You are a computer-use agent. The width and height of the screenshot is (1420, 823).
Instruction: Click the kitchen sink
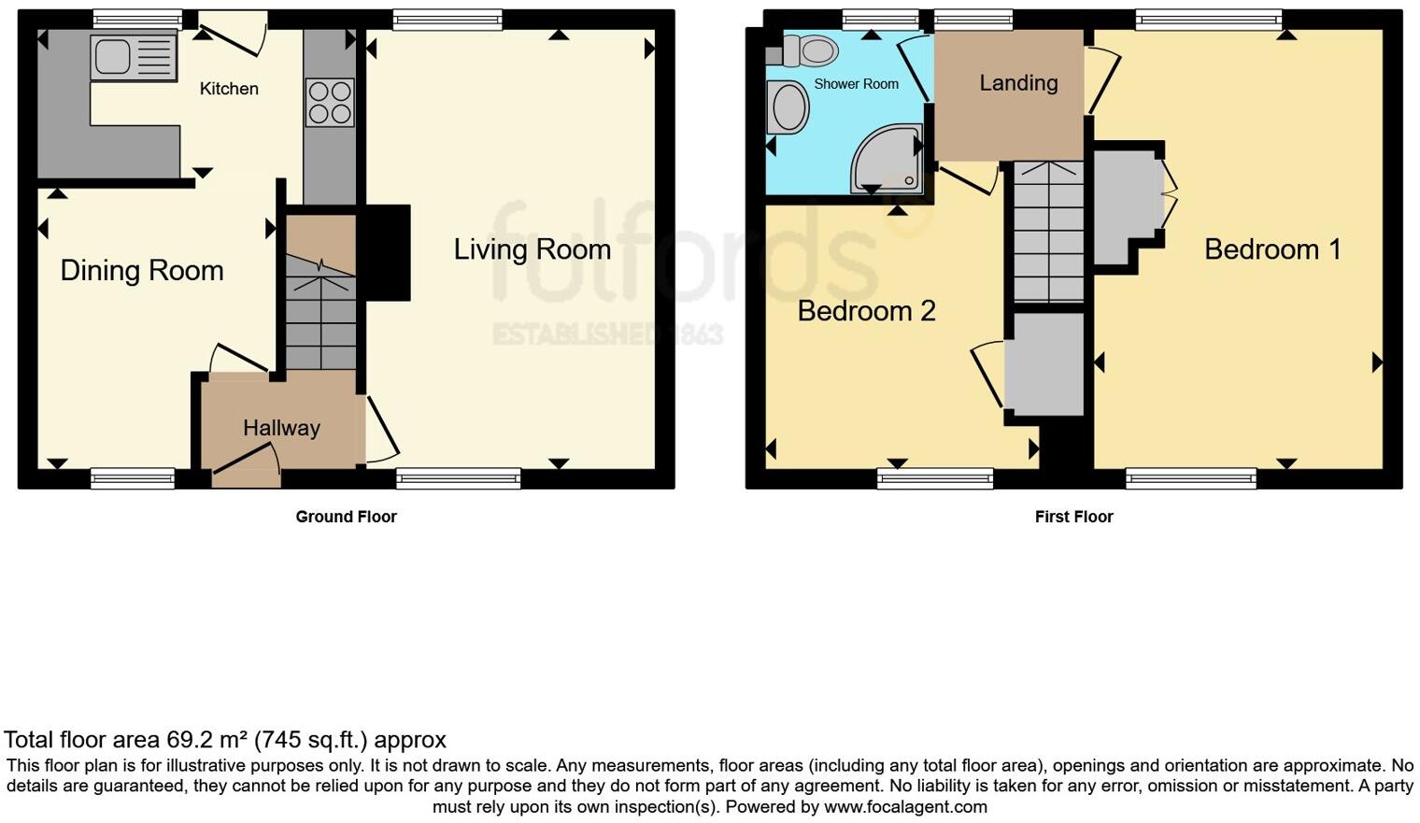click(x=133, y=56)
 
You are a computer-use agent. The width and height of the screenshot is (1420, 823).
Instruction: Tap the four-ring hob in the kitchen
click(x=330, y=102)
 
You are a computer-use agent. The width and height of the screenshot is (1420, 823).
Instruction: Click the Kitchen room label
click(x=229, y=89)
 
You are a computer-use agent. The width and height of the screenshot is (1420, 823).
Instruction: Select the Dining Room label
click(x=142, y=271)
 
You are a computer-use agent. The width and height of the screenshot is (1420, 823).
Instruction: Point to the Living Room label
click(x=532, y=249)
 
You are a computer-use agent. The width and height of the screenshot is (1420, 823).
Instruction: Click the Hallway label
click(x=281, y=428)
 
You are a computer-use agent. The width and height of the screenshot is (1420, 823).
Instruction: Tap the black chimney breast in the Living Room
click(x=386, y=252)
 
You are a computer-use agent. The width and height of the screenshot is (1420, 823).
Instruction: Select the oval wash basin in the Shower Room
click(x=789, y=106)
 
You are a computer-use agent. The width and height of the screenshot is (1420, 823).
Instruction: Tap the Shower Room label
click(x=856, y=84)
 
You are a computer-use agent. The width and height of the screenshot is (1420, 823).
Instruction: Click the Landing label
click(x=1018, y=83)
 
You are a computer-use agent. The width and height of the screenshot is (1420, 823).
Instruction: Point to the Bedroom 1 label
click(x=1272, y=249)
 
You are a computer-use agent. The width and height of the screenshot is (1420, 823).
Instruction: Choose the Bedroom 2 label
click(x=866, y=311)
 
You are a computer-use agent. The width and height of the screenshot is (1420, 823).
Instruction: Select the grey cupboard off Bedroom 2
click(x=1044, y=364)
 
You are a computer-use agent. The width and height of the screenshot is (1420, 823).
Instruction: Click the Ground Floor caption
click(x=346, y=517)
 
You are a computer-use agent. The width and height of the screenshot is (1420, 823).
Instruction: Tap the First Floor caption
click(x=1073, y=517)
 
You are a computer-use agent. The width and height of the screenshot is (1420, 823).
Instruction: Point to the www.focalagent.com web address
click(x=905, y=806)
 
